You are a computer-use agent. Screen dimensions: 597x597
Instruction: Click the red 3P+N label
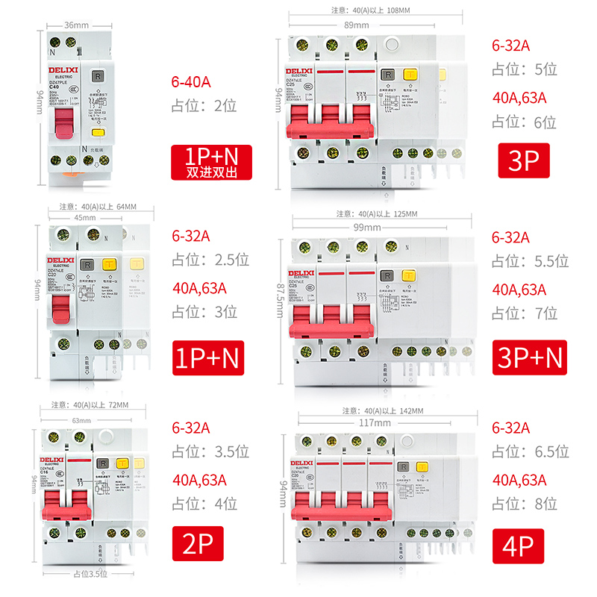coord(530,357)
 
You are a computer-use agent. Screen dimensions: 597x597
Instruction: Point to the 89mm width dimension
coord(357,24)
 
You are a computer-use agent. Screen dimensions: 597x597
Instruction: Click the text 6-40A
coord(191,78)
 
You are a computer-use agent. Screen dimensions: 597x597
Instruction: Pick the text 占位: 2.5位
coord(210,260)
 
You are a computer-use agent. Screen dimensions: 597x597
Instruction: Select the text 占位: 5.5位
coord(530,260)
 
